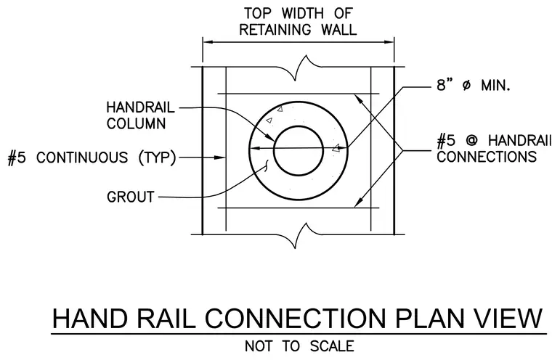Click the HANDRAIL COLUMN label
(x=141, y=115)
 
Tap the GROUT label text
(x=131, y=197)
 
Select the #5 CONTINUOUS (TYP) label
(x=92, y=157)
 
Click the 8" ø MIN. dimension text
(x=474, y=85)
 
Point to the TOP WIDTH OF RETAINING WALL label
(x=299, y=22)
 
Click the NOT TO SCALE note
(x=299, y=346)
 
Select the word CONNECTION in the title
(x=296, y=319)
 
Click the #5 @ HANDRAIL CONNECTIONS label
(x=494, y=149)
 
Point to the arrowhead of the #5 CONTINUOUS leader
(x=220, y=157)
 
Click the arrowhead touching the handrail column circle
(x=269, y=137)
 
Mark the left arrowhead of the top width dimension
(x=208, y=42)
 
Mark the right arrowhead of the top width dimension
(x=389, y=42)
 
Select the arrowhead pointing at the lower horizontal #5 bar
(x=358, y=202)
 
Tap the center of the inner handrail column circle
(x=299, y=151)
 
